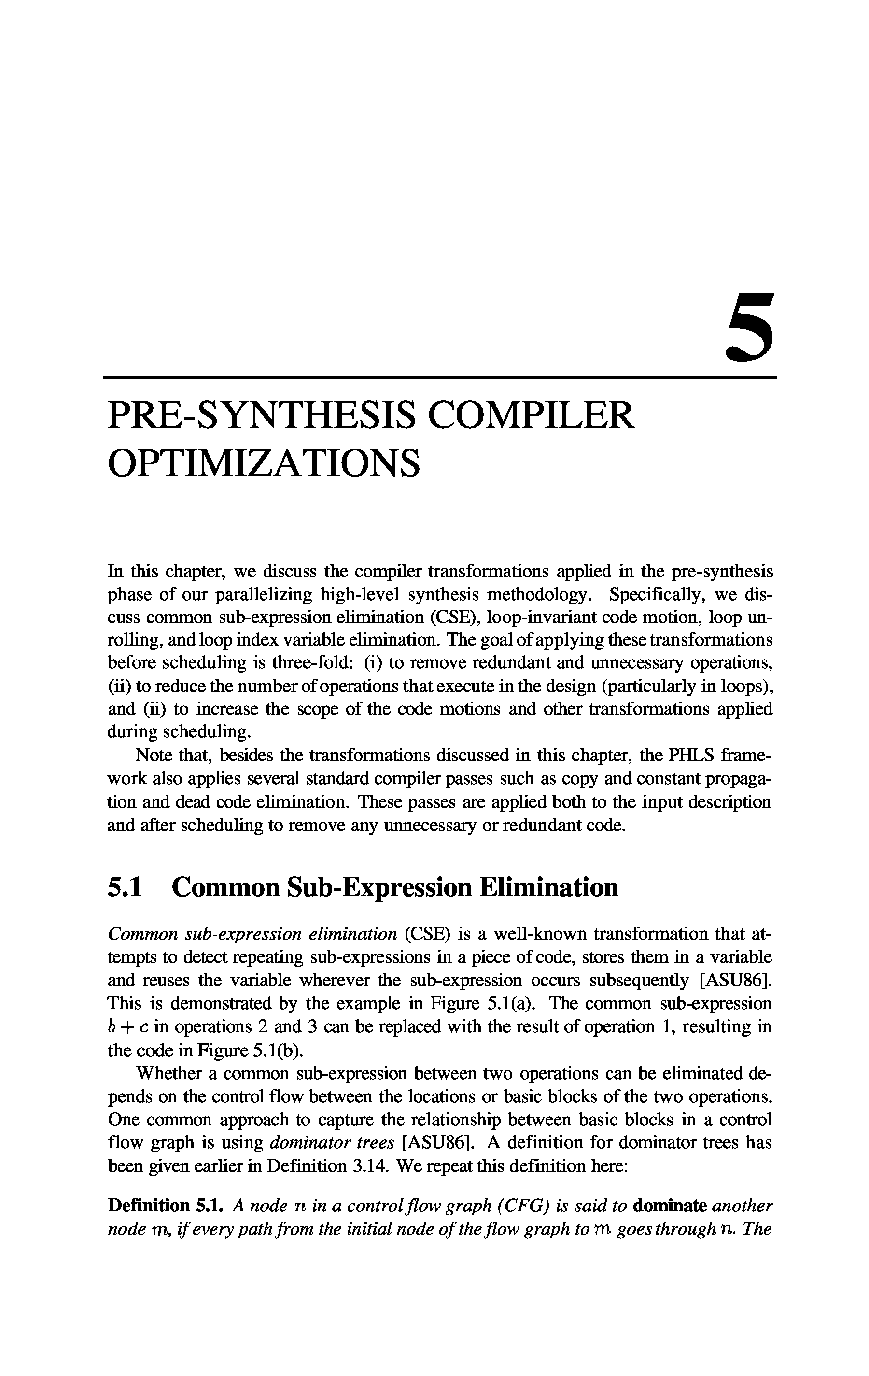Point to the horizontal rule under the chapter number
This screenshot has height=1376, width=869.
[439, 378]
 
